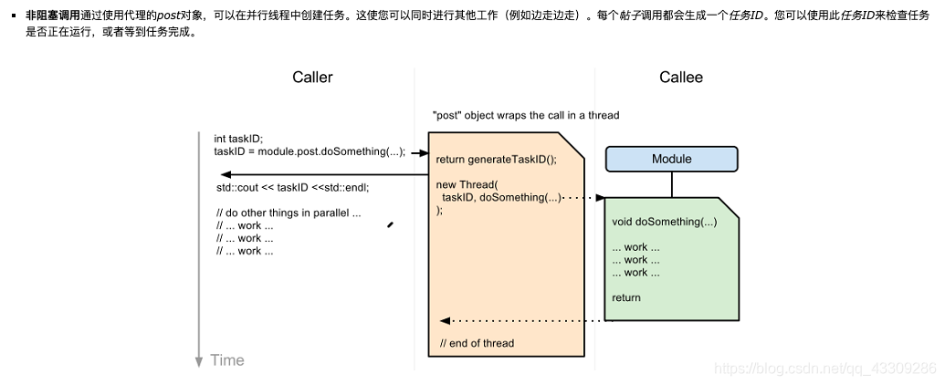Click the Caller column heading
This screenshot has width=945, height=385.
(x=312, y=78)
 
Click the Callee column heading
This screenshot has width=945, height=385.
(x=681, y=78)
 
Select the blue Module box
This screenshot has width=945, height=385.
(x=671, y=160)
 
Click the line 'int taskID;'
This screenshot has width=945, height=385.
(x=238, y=139)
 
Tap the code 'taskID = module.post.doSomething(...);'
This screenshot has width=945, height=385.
(x=309, y=151)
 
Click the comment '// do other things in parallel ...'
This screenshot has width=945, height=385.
(x=289, y=213)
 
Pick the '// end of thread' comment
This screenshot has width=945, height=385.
(x=477, y=343)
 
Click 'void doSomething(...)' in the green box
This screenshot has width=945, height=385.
(x=664, y=222)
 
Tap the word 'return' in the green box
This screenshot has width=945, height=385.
(x=626, y=297)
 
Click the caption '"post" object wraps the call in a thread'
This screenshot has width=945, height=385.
(x=526, y=116)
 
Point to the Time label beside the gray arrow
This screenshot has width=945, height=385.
(x=227, y=360)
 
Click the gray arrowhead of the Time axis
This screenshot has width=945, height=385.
(x=199, y=362)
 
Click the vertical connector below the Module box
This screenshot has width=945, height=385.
(x=672, y=184)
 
